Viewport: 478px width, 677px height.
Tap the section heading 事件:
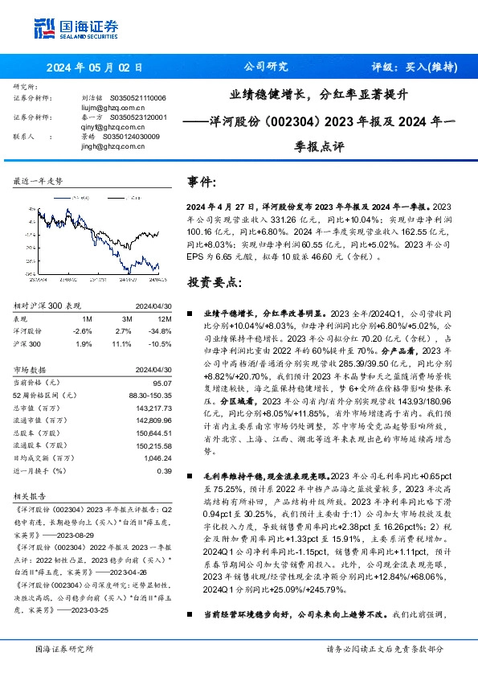coord(201,183)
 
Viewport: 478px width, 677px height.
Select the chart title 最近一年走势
coord(38,182)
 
